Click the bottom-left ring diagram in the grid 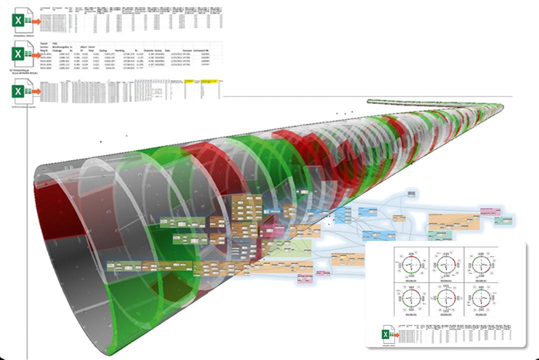[411, 300]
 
